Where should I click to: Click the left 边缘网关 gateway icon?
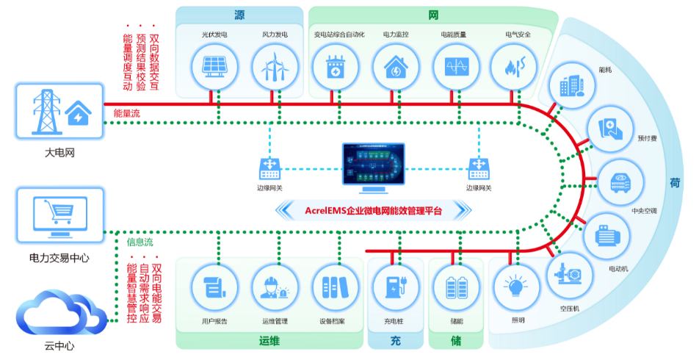pyautogui.click(x=271, y=168)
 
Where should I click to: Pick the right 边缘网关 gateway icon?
pyautogui.click(x=479, y=168)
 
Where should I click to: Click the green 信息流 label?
pyautogui.click(x=140, y=241)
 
